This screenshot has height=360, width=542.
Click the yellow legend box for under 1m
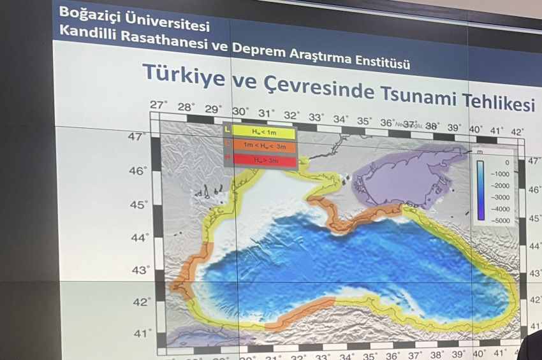[x=263, y=133]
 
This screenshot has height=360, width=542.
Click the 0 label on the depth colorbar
[x=506, y=162]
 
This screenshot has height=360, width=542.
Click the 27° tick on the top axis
[x=159, y=104]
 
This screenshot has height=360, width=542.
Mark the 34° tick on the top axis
[x=340, y=119]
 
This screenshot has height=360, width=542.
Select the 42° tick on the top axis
[x=516, y=132]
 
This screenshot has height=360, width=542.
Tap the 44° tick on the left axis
[x=139, y=237]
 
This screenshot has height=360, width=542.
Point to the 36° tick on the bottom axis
[x=392, y=356]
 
